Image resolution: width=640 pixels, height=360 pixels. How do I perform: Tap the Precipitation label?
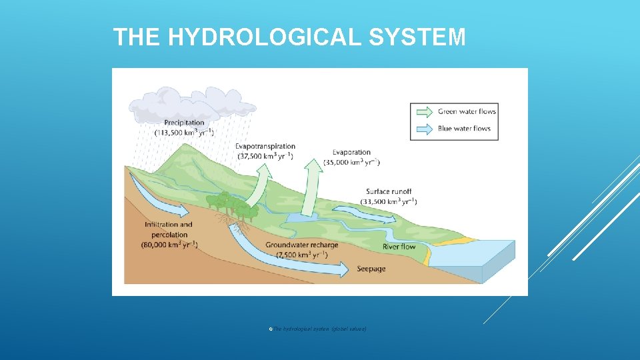pyautogui.click(x=184, y=122)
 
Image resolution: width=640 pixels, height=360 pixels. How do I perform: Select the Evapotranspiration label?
pyautogui.click(x=265, y=146)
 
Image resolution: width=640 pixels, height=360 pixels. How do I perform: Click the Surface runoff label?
pyautogui.click(x=389, y=191)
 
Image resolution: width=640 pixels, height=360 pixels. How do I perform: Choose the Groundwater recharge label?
pyautogui.click(x=302, y=245)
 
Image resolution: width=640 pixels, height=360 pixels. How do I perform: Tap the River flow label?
pyautogui.click(x=399, y=247)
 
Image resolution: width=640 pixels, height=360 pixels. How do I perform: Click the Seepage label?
pyautogui.click(x=371, y=269)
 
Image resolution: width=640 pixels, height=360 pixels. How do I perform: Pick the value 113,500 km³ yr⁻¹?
pyautogui.click(x=184, y=133)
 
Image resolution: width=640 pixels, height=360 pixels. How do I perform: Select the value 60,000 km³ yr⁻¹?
pyautogui.click(x=169, y=245)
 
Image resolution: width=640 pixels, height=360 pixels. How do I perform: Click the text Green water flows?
pyautogui.click(x=467, y=111)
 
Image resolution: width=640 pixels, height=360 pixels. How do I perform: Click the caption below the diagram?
pyautogui.click(x=319, y=329)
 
